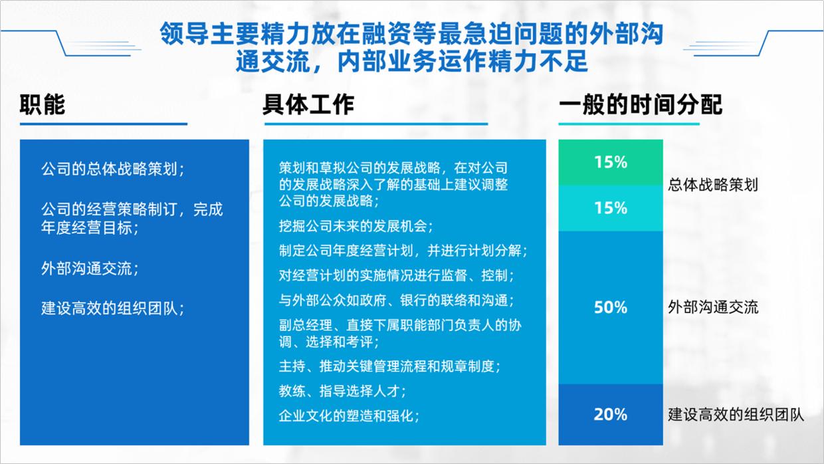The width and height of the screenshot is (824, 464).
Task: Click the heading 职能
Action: (43, 105)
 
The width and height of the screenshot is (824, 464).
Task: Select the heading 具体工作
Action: (308, 105)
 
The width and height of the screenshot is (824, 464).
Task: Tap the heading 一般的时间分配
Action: (640, 105)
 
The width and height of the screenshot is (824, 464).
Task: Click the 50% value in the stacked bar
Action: (611, 307)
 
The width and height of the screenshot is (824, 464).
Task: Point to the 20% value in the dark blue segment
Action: (611, 414)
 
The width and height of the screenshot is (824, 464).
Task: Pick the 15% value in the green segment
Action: (611, 162)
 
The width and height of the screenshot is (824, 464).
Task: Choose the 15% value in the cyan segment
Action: (611, 208)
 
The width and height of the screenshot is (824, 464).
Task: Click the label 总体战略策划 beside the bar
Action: (713, 185)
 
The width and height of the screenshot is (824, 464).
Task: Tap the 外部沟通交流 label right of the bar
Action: (713, 307)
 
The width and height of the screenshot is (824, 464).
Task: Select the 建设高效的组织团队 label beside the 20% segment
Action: (736, 415)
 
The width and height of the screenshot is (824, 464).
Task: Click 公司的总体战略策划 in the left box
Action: (112, 169)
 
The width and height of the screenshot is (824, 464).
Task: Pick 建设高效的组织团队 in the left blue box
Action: (112, 308)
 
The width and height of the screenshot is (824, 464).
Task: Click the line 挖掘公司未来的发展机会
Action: (356, 226)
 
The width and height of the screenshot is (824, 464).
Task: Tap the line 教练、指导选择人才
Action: (342, 390)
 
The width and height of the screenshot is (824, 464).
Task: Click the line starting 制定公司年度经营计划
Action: (403, 251)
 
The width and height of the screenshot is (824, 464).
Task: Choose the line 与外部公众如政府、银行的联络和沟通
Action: (396, 300)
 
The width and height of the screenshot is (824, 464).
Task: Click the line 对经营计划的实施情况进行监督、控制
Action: (396, 275)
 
